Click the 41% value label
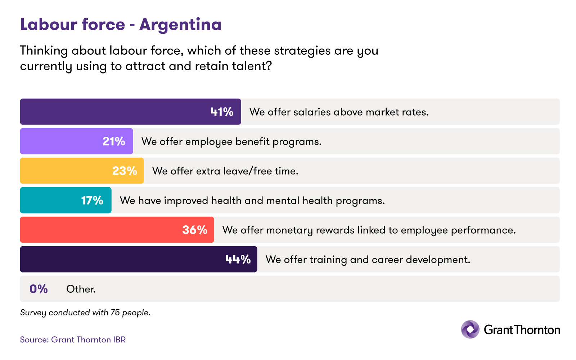pyautogui.click(x=222, y=112)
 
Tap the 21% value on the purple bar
pyautogui.click(x=114, y=141)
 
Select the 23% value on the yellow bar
pyautogui.click(x=125, y=171)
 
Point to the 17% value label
pyautogui.click(x=92, y=201)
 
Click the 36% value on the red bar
pyautogui.click(x=195, y=230)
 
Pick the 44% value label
pyautogui.click(x=238, y=260)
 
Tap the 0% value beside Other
pyautogui.click(x=39, y=289)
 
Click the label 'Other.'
pyautogui.click(x=81, y=289)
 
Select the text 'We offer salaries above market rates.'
pyautogui.click(x=339, y=112)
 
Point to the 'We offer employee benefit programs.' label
pyautogui.click(x=231, y=141)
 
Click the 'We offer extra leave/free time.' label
pyautogui.click(x=225, y=171)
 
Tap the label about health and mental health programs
pyautogui.click(x=252, y=201)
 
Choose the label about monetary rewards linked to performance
pyautogui.click(x=369, y=230)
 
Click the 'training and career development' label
pyautogui.click(x=368, y=260)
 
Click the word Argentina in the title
pyautogui.click(x=180, y=25)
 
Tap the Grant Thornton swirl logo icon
pyautogui.click(x=470, y=329)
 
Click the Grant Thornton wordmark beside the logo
pyautogui.click(x=522, y=330)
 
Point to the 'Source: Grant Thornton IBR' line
pyautogui.click(x=73, y=340)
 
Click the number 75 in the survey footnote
pyautogui.click(x=115, y=312)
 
